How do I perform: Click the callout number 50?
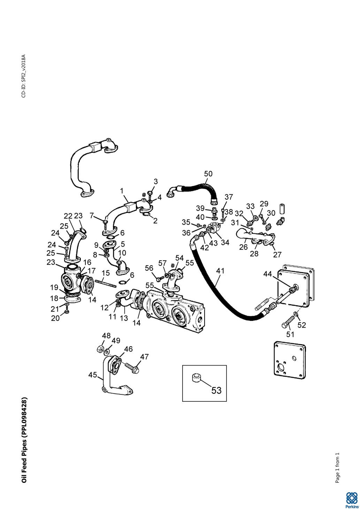coord(208,174)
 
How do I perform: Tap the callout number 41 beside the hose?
coord(220,271)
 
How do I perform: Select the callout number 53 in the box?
coord(216,390)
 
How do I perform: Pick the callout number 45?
coord(92,375)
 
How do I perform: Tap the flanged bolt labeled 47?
coord(132,367)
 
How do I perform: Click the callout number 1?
coord(122,191)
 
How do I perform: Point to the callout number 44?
coord(267,274)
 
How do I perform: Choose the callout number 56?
coord(149,268)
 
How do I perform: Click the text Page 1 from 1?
coord(337,468)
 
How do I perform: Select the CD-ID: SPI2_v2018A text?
coord(23,76)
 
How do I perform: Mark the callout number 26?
coord(243,247)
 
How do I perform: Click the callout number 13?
coord(124,318)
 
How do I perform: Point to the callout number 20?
coord(55,318)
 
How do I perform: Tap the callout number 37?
coord(229,197)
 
